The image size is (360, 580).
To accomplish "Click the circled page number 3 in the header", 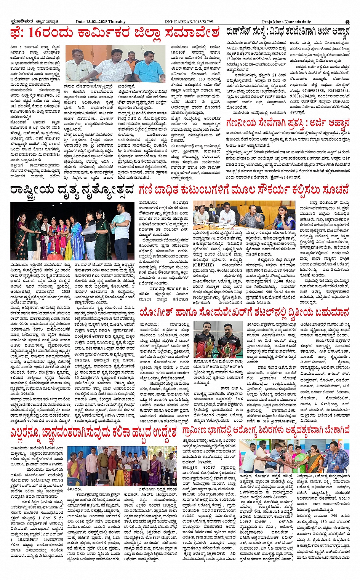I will coord(347,22).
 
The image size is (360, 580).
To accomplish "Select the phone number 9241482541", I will coord(338,91).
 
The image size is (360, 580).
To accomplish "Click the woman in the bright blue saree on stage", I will coord(77,232).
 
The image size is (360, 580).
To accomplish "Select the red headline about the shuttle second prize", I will coord(244,313).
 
